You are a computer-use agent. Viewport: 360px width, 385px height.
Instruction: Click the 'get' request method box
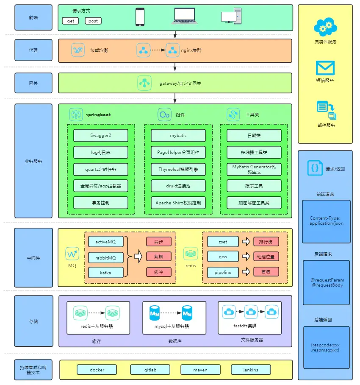tap(70, 21)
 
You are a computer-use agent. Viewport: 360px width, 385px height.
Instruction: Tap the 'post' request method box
tap(93, 21)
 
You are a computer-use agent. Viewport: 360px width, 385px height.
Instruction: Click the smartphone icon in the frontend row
tap(140, 17)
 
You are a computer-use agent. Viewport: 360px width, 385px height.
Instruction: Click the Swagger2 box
tap(101, 136)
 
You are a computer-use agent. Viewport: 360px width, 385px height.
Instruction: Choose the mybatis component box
tap(178, 136)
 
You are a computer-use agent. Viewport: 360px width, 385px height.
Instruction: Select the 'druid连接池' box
tap(178, 186)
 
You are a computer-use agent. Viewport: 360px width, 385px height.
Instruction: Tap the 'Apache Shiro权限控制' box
tap(178, 203)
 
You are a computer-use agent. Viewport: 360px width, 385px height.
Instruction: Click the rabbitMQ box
tap(106, 257)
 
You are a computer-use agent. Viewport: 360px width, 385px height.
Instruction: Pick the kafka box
tap(106, 273)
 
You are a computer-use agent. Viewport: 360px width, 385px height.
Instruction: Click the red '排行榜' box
tap(266, 242)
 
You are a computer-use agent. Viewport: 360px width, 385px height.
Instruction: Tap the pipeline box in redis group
tap(223, 272)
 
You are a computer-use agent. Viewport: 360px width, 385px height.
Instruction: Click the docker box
tap(97, 370)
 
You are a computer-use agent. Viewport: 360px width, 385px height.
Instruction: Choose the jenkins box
tap(251, 370)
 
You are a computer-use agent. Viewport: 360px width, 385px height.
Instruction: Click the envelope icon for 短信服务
tap(325, 68)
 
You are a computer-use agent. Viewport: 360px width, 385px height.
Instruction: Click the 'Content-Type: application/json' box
tap(326, 221)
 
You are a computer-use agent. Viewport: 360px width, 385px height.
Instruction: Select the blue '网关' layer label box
tap(33, 83)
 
